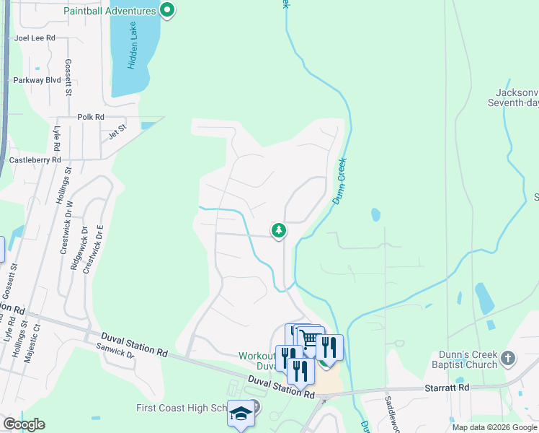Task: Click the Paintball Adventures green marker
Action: [x=168, y=10]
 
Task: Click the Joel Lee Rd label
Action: [x=35, y=38]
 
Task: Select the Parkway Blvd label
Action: [x=37, y=80]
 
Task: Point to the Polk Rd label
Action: [x=91, y=117]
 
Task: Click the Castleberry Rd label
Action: [x=35, y=159]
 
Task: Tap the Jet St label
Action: [x=117, y=131]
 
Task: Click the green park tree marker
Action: [x=279, y=230]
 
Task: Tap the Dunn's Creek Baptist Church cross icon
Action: [x=508, y=358]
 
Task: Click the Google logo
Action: [x=24, y=424]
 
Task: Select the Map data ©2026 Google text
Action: [x=494, y=427]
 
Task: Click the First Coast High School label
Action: [x=181, y=408]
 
